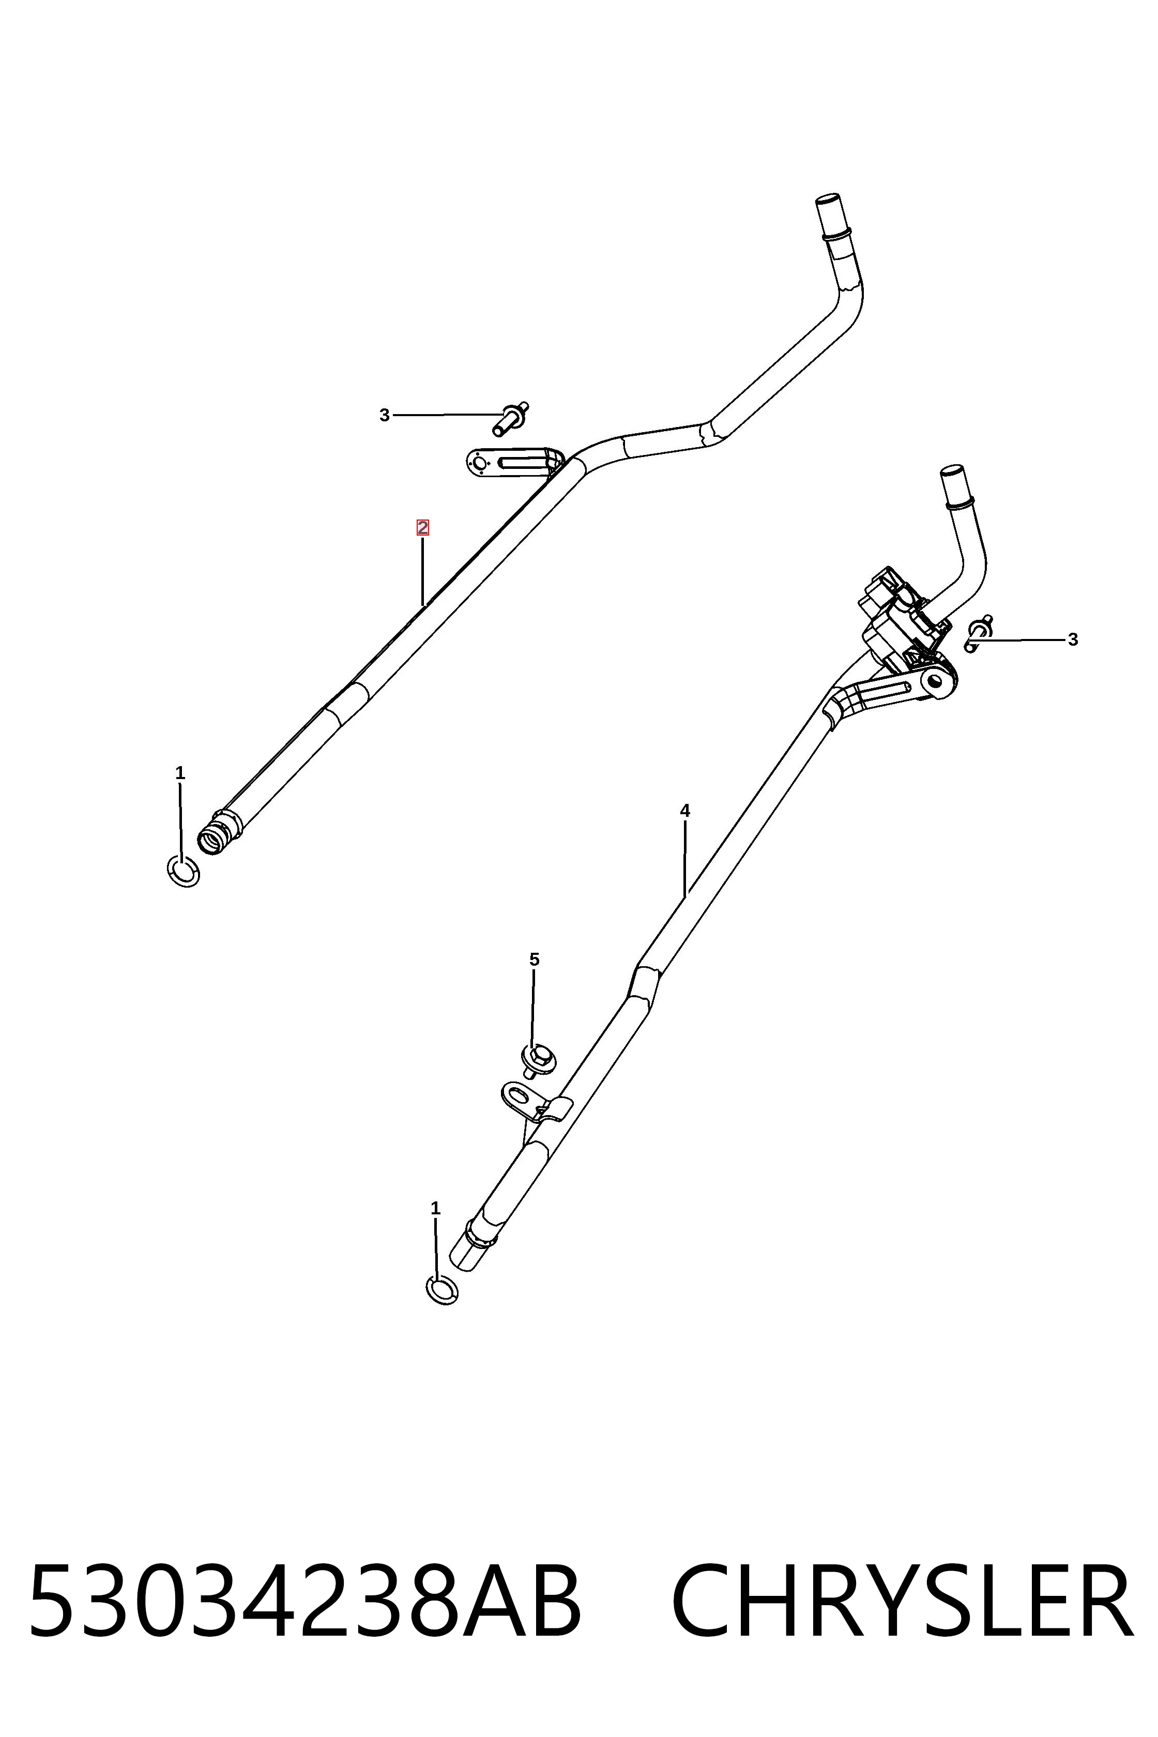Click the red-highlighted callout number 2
(x=422, y=527)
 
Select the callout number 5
(x=534, y=959)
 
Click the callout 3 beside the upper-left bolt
(x=384, y=416)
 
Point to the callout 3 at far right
(x=1072, y=639)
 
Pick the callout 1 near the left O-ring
(x=180, y=773)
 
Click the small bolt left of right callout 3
(x=978, y=634)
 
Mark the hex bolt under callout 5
(x=539, y=1060)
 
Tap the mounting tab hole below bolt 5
(x=519, y=1093)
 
